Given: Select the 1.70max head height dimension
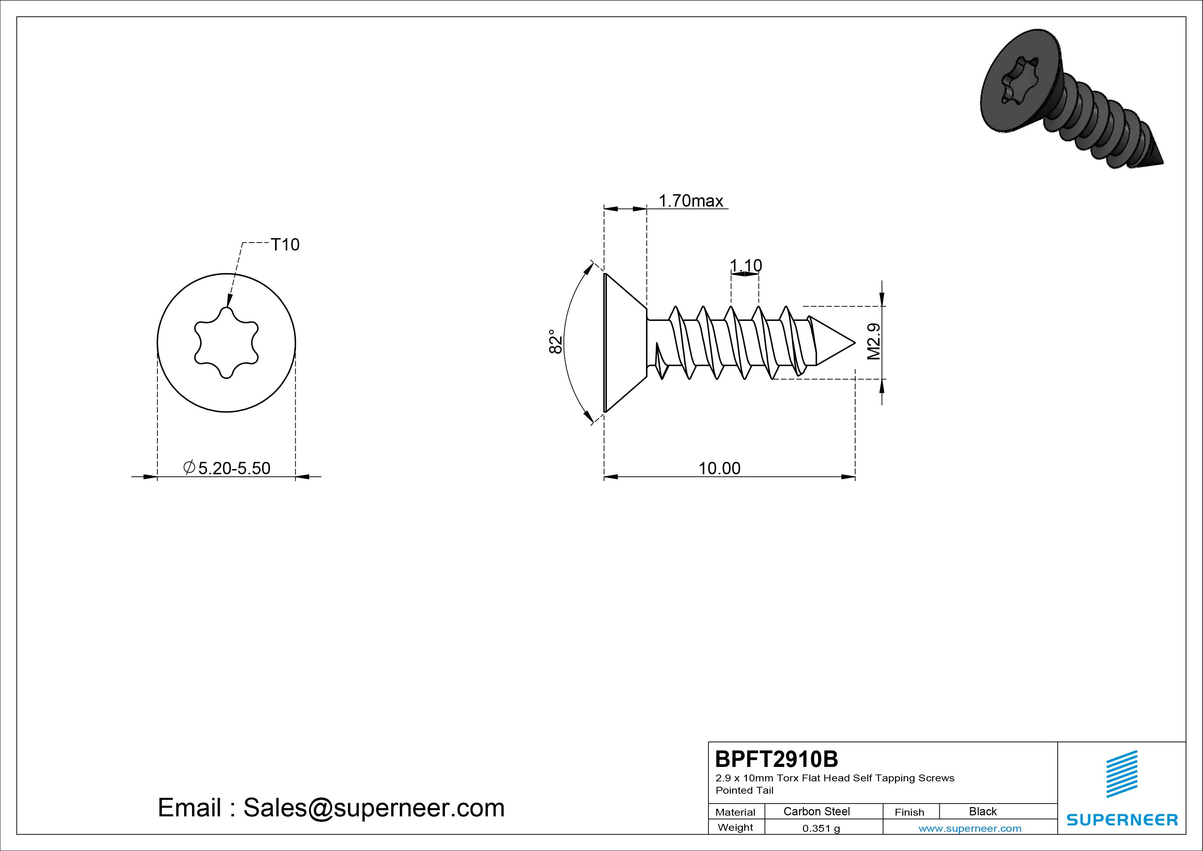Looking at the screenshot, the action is coord(691,201).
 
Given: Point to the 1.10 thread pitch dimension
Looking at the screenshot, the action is coord(746,266).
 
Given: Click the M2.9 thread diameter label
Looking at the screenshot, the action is coord(874,341).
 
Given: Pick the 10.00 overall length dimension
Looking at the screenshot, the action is coord(719,468).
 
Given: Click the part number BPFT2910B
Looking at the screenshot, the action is coord(776,759).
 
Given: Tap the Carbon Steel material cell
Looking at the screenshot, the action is coord(816,811).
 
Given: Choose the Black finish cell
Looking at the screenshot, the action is coord(982,811).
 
